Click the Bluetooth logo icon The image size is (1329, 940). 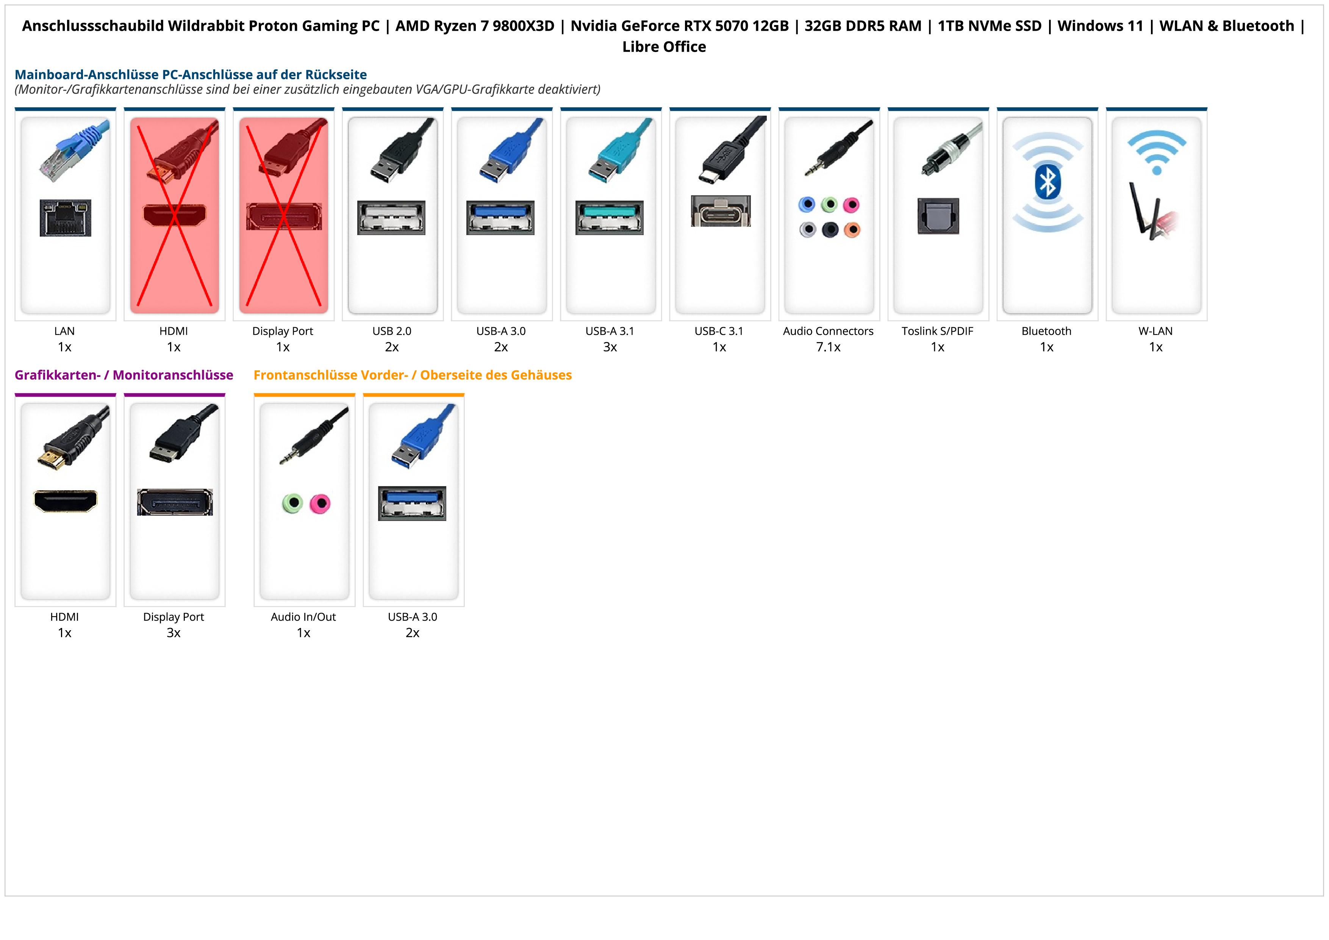[x=1047, y=181]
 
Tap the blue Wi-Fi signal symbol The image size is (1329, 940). [x=1157, y=152]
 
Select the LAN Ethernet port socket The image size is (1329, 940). [x=66, y=218]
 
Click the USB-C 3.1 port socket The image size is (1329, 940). [x=721, y=212]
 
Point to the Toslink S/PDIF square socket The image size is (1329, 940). [x=938, y=216]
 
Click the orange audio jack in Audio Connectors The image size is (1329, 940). [x=852, y=230]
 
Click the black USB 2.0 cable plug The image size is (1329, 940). [x=399, y=154]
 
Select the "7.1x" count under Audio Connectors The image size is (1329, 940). [x=828, y=347]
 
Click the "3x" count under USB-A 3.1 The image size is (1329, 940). [x=610, y=347]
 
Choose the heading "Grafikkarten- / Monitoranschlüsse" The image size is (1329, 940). [x=124, y=375]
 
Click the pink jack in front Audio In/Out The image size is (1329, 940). [x=319, y=503]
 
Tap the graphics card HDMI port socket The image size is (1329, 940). [x=66, y=501]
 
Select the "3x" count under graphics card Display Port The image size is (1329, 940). [x=174, y=633]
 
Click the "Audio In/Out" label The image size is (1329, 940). [x=303, y=617]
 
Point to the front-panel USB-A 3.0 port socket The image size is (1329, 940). [x=412, y=503]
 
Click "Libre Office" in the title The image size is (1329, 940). [x=664, y=47]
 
